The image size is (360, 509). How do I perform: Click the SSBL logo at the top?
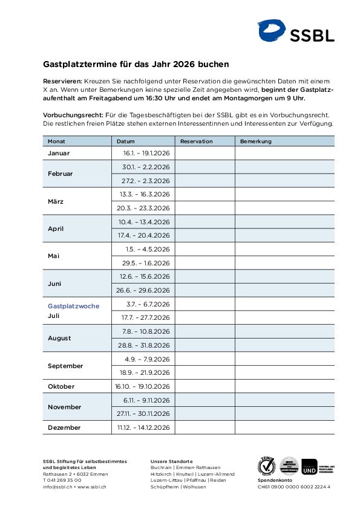pos(296,31)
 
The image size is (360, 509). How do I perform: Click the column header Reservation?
pos(197,141)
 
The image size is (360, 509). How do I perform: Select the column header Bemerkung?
pos(256,141)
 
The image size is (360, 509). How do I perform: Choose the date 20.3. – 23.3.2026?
pos(144,208)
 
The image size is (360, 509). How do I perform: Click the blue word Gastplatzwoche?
pos(73,306)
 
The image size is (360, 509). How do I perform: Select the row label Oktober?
pos(61,386)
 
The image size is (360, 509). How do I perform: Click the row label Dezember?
pos(64,427)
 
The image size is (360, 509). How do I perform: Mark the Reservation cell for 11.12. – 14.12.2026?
pos(205,427)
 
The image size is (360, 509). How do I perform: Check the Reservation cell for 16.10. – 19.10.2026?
pos(205,386)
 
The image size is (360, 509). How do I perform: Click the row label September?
pos(65,366)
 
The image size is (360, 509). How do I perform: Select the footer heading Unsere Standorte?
pos(171,461)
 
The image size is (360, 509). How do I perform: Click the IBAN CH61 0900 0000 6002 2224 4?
pos(294,487)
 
